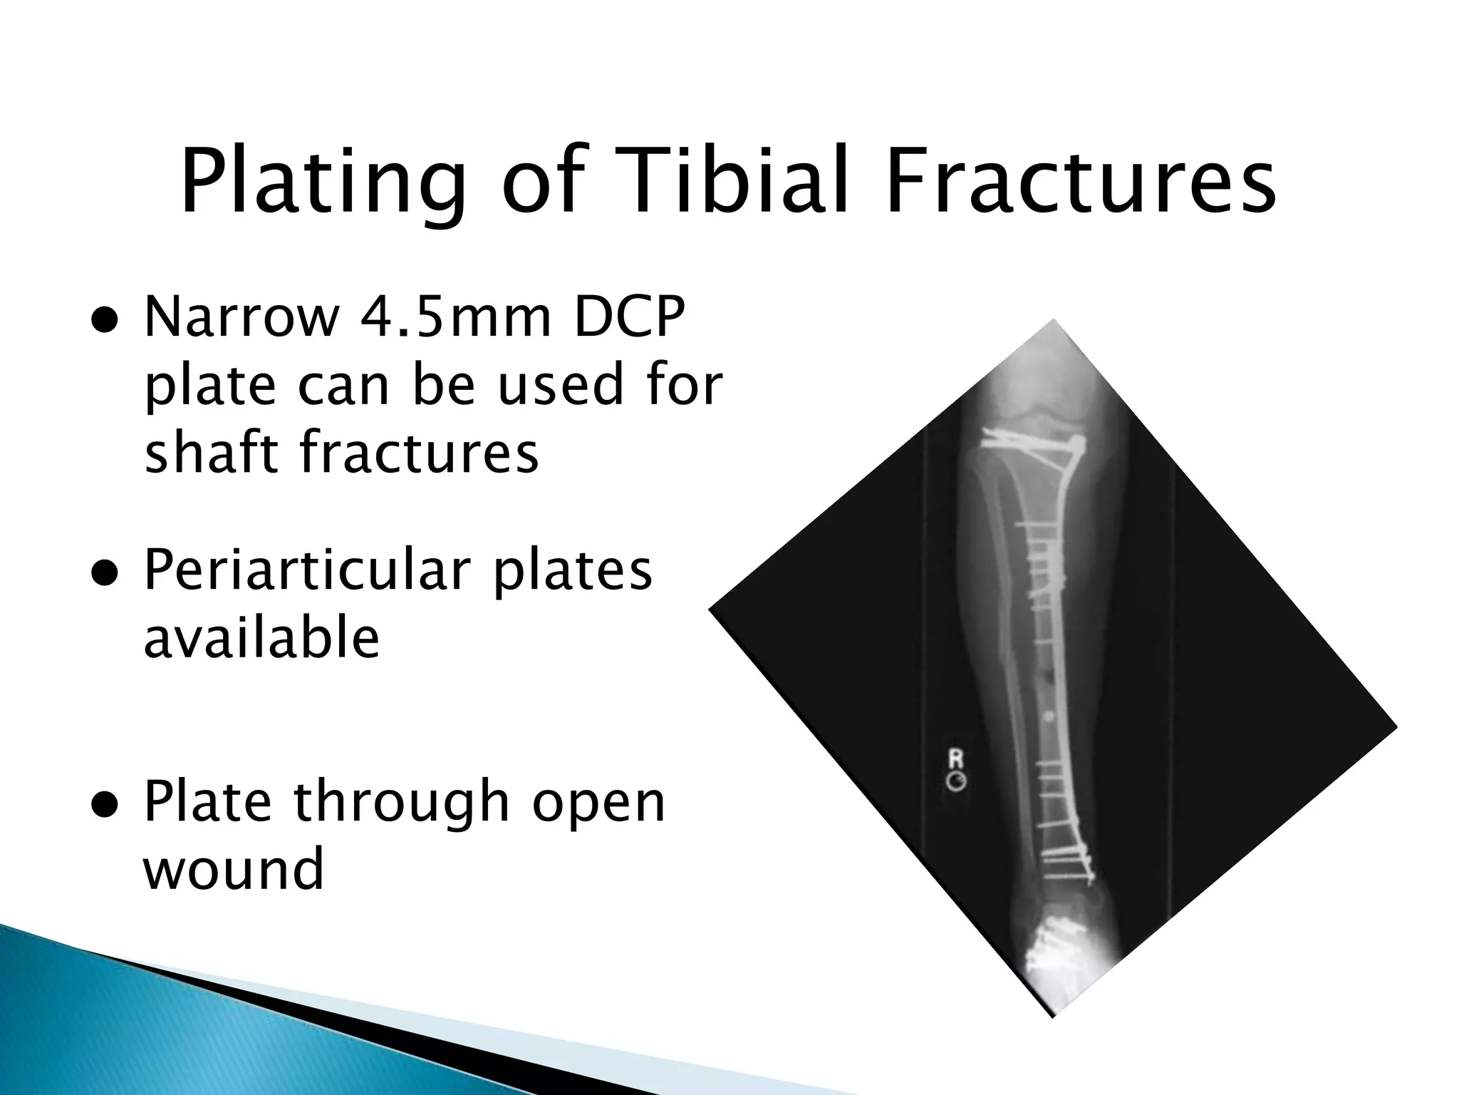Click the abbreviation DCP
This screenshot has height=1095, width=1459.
click(628, 317)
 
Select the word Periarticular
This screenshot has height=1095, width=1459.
click(307, 570)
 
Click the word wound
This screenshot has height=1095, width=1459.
click(234, 868)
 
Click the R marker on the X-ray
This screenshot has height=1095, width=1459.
click(955, 760)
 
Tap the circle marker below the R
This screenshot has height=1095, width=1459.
click(955, 782)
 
